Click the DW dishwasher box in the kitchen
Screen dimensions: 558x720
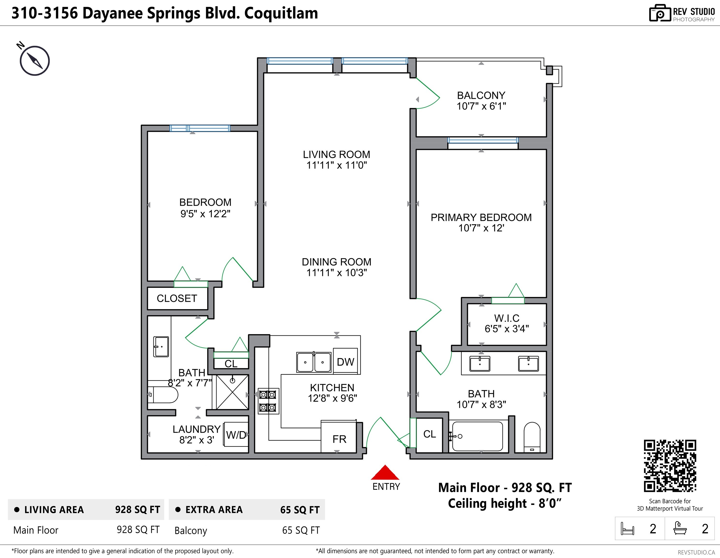[x=345, y=362]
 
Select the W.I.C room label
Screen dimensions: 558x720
[x=507, y=318]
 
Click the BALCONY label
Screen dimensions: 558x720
[x=481, y=95]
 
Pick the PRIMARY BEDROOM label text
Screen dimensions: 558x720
[x=481, y=217]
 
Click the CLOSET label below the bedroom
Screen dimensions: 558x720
[x=177, y=298]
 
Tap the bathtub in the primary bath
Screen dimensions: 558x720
[x=477, y=436]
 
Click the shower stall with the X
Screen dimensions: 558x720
[x=232, y=392]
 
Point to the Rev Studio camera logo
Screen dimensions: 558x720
[x=660, y=14]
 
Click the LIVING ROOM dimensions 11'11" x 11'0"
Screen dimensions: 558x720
[x=336, y=165]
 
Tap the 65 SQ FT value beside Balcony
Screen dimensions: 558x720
[x=301, y=530]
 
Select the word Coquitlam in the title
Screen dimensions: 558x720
[x=281, y=13]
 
